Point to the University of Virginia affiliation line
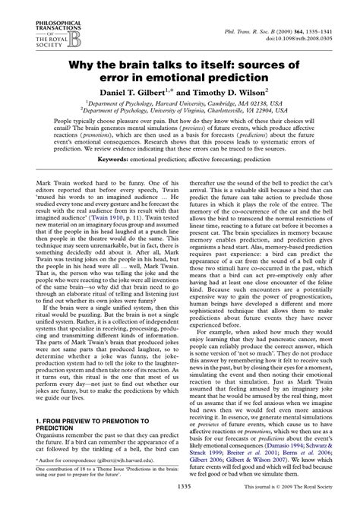coord(180,120)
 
